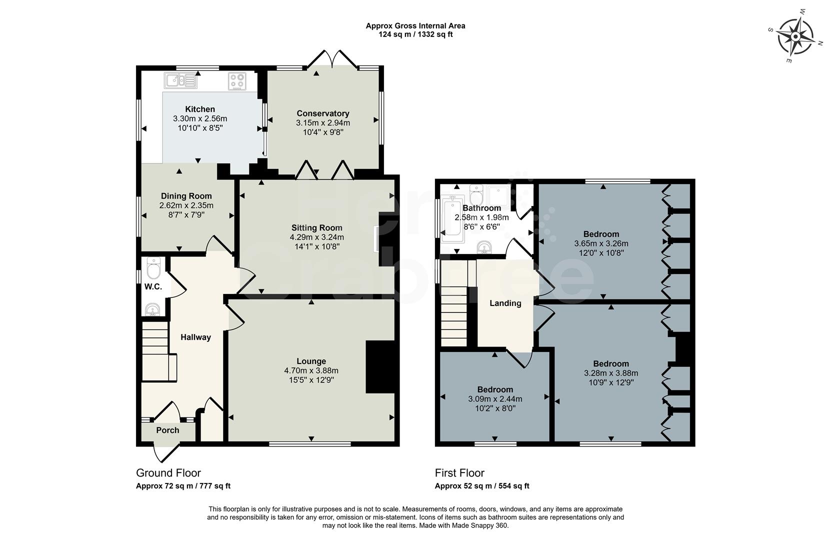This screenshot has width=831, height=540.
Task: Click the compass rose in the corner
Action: point(794,36)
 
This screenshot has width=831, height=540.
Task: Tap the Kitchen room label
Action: point(200,109)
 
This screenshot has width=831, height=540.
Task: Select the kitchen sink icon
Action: point(180,80)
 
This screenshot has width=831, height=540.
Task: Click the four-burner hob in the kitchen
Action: point(237,81)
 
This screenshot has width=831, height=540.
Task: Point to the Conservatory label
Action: point(322,113)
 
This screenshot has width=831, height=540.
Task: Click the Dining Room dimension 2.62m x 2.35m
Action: point(186,205)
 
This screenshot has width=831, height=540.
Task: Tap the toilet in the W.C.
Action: point(153,269)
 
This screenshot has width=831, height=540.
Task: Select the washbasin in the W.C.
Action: point(152,309)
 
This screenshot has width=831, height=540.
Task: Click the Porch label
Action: point(167,430)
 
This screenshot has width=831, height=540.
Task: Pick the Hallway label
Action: point(195,337)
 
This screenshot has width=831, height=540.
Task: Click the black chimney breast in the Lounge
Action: point(380,366)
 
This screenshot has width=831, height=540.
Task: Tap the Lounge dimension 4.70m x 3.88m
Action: point(311,370)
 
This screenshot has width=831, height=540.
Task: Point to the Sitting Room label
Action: point(316,227)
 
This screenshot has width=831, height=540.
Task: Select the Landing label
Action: point(505,303)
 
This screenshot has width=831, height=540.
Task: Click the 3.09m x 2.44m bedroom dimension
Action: point(495,399)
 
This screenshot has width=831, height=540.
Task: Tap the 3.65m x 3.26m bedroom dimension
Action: point(601,243)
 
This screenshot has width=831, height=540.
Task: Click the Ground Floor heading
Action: point(168,473)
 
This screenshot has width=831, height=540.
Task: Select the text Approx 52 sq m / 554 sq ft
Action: point(481,486)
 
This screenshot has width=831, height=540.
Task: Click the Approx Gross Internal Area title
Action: point(415,26)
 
